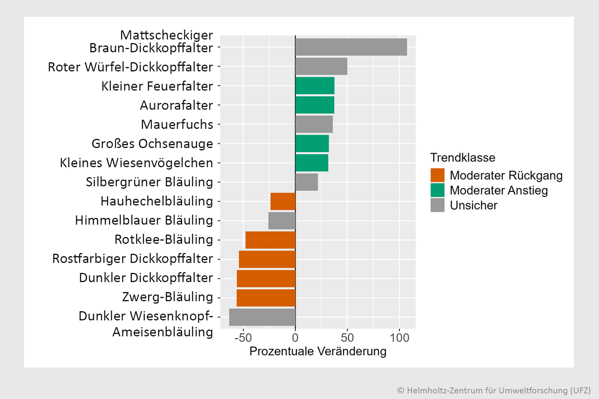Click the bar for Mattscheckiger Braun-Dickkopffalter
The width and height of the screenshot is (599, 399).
pyautogui.click(x=351, y=47)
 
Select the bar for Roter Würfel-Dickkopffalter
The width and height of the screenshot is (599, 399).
pyautogui.click(x=321, y=66)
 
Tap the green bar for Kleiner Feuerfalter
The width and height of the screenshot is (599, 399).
pyautogui.click(x=315, y=86)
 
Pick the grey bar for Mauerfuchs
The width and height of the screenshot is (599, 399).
pyautogui.click(x=314, y=124)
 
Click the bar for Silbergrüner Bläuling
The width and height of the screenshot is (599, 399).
pyautogui.click(x=307, y=182)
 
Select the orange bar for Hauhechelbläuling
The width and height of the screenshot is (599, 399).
pyautogui.click(x=283, y=201)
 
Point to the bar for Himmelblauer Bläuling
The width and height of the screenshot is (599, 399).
pyautogui.click(x=282, y=221)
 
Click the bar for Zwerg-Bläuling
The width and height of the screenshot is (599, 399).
pyautogui.click(x=266, y=298)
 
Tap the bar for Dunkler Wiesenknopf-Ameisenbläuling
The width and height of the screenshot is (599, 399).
pyautogui.click(x=262, y=317)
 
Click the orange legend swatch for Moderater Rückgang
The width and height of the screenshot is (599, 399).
pyautogui.click(x=437, y=175)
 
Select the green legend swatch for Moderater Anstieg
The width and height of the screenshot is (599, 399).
pyautogui.click(x=437, y=190)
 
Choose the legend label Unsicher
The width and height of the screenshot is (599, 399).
pyautogui.click(x=474, y=205)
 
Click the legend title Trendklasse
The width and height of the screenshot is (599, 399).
pyautogui.click(x=462, y=158)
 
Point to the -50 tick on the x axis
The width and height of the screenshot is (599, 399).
pyautogui.click(x=243, y=338)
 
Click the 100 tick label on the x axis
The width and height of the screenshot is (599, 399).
pyautogui.click(x=399, y=338)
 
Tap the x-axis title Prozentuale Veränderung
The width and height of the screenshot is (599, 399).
pyautogui.click(x=318, y=351)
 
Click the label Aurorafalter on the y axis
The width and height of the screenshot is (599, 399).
pyautogui.click(x=177, y=105)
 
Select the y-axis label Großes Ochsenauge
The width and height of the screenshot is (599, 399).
pyautogui.click(x=152, y=144)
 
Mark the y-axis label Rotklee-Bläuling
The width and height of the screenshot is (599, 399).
pyautogui.click(x=164, y=239)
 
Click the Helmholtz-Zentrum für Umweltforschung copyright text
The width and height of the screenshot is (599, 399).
pyautogui.click(x=494, y=390)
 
